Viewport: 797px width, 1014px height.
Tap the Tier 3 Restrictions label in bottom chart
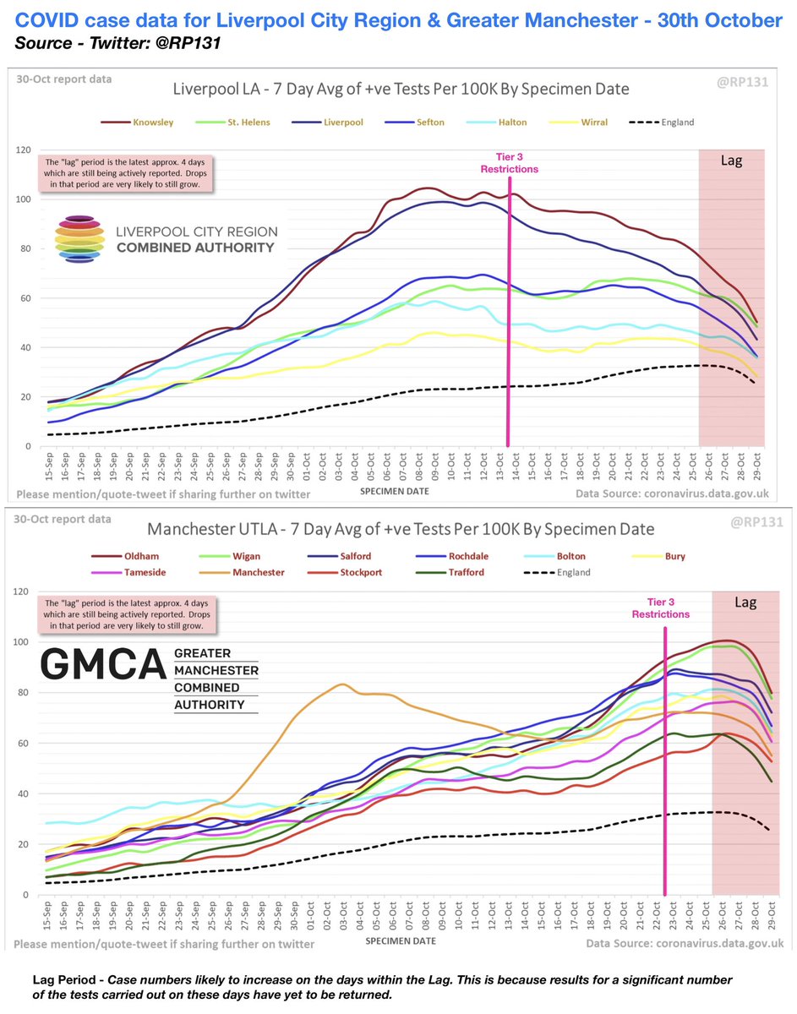pos(661,608)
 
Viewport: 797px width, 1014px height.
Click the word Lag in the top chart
pos(732,160)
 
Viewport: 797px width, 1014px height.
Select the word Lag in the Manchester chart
pos(745,602)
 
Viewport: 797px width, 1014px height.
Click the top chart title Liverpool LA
pos(400,89)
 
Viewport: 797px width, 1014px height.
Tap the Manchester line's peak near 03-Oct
pos(341,684)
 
